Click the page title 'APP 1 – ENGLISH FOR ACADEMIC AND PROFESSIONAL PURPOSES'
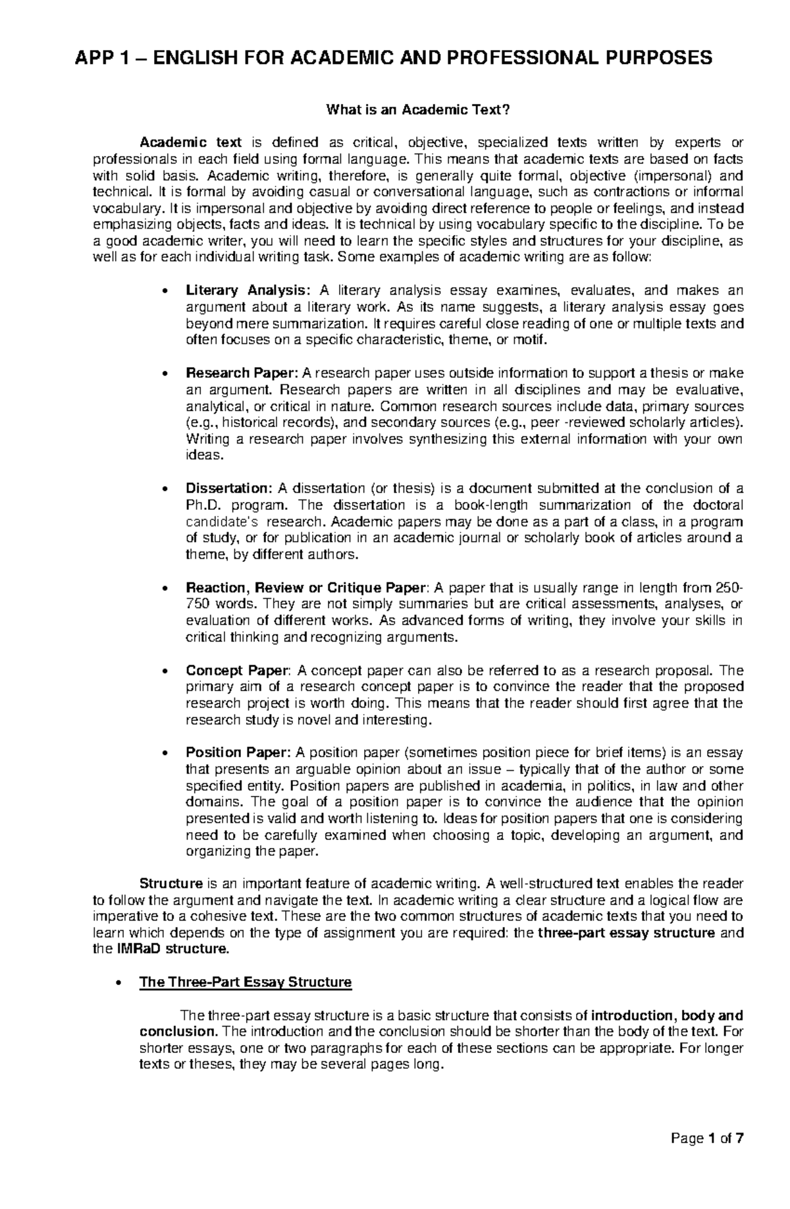click(x=394, y=58)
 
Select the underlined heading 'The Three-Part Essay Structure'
click(x=246, y=982)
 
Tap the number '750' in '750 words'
click(x=197, y=604)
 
